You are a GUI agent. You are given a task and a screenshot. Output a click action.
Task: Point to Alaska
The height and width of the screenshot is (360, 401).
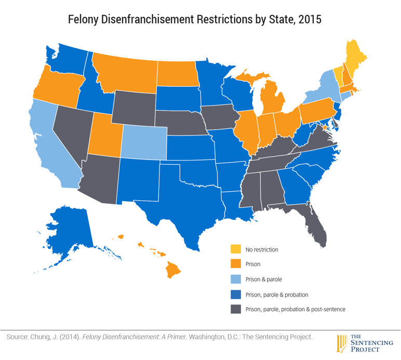coord(65,229)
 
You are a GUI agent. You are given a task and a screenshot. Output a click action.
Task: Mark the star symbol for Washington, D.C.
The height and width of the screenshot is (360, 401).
coord(325,127)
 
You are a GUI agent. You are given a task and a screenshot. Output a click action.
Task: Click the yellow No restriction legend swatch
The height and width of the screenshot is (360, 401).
coord(236,249)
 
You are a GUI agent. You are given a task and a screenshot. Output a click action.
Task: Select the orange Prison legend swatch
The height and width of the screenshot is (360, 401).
coord(236,264)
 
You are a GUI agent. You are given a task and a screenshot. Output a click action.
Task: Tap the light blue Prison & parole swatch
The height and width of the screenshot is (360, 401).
coord(236,279)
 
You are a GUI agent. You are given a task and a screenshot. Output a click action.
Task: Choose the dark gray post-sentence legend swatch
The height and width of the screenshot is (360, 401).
coord(236,309)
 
